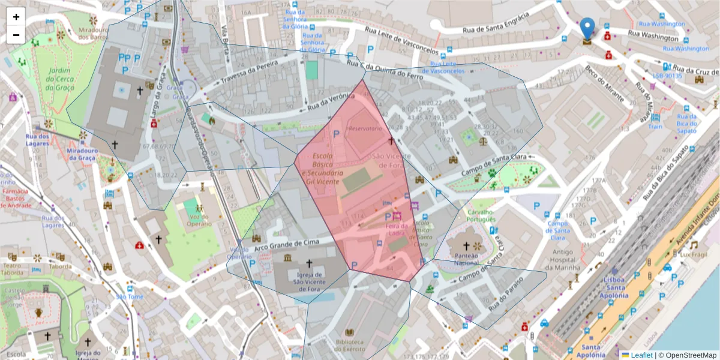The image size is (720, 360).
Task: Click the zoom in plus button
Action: pos(16,17)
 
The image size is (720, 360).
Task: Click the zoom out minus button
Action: pos(16,35)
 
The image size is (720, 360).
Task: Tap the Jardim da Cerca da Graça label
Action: pos(59,79)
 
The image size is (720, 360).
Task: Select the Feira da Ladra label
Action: pos(396,229)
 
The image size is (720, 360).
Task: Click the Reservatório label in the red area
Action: pos(365,129)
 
